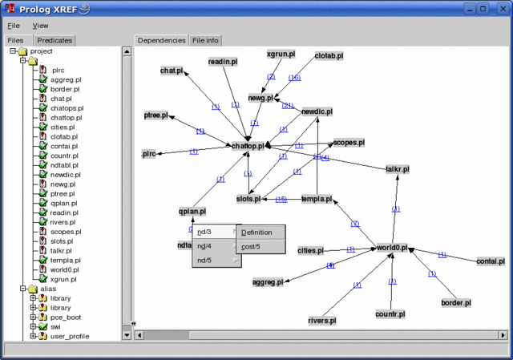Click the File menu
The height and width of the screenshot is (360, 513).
(14, 26)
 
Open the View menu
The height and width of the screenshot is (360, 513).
(40, 26)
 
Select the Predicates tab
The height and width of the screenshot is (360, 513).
(55, 40)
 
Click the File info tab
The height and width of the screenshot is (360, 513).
(205, 40)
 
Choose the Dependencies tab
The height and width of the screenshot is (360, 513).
(160, 40)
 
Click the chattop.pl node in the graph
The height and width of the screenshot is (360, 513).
(248, 146)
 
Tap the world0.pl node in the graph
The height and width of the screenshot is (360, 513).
(393, 249)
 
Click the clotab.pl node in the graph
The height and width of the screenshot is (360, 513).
(329, 55)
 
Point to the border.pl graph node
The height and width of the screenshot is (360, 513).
(455, 303)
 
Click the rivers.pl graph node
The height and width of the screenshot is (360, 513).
(321, 321)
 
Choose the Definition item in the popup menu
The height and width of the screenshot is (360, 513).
(251, 233)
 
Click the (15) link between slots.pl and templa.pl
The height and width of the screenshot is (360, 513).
(281, 199)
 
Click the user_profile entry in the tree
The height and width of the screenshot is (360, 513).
(70, 336)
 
